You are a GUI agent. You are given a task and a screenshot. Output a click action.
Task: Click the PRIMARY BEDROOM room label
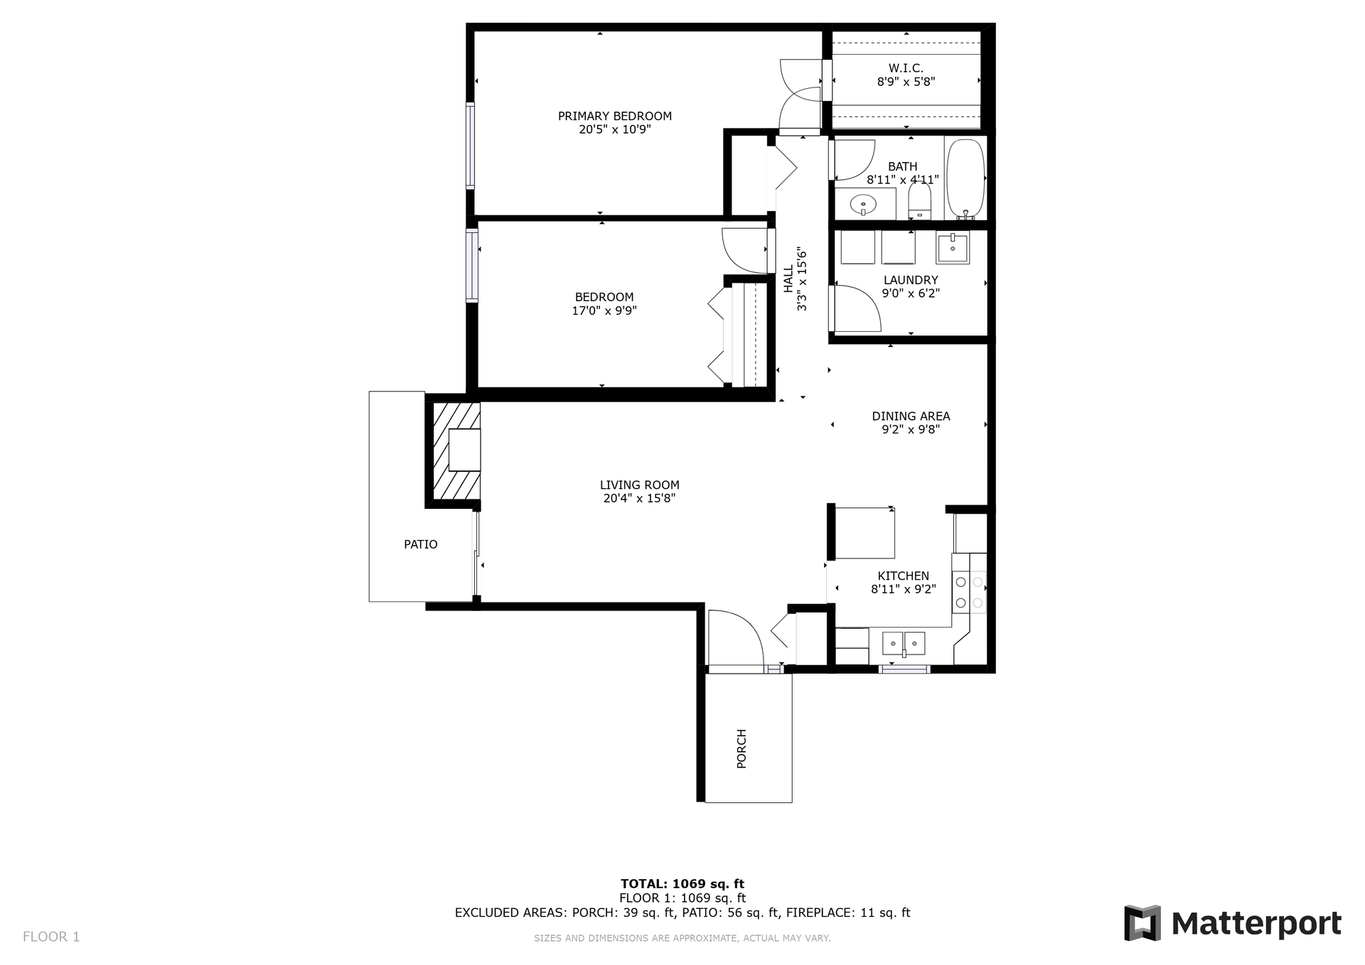(x=614, y=116)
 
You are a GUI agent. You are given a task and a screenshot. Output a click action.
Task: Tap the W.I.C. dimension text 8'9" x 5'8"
(x=906, y=82)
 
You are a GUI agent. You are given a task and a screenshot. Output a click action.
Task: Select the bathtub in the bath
(x=965, y=178)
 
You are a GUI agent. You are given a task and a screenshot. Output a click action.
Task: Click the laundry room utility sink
(x=952, y=248)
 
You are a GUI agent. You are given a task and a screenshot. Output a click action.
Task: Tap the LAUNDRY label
(x=910, y=280)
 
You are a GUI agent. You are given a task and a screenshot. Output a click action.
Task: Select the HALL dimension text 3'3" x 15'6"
(x=803, y=279)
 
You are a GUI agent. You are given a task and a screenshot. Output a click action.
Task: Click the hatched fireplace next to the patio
(x=455, y=451)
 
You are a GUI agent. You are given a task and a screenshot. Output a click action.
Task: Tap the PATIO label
(x=420, y=544)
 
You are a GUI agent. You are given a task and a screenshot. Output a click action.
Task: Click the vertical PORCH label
(x=742, y=748)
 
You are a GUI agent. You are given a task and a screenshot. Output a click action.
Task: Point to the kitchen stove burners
(x=969, y=593)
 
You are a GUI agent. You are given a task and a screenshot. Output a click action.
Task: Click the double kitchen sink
(x=904, y=643)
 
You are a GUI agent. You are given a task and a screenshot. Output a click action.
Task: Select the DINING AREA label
(x=911, y=416)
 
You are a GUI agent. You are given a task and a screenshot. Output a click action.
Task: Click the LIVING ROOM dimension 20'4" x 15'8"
(x=639, y=499)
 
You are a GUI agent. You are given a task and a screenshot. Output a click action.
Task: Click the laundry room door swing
(x=857, y=309)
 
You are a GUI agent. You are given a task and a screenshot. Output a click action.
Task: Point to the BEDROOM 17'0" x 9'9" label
(x=604, y=303)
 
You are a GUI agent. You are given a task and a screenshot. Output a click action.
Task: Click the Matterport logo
(x=1232, y=922)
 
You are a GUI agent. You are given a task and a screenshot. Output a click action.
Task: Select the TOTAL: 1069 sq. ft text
(x=682, y=884)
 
